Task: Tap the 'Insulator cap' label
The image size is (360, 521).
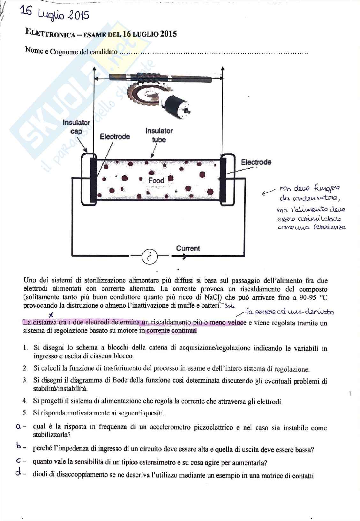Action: coord(76,127)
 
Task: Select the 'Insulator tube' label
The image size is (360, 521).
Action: coord(159,135)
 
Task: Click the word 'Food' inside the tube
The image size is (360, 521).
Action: coord(156,180)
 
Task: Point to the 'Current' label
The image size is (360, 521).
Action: coord(188,248)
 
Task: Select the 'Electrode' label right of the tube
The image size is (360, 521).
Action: coord(256,162)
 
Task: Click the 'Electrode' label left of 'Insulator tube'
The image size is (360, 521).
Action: coord(115,137)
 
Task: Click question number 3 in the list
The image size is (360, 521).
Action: coord(25,380)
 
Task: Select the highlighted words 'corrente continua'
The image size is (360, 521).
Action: coord(171,331)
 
